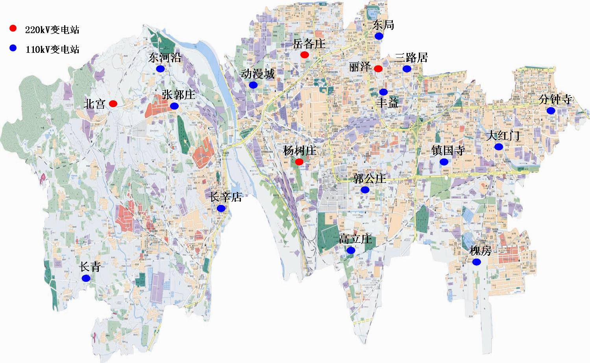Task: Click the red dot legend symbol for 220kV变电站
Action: click(13, 28)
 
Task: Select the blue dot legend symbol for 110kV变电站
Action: click(13, 48)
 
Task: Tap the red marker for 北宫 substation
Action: click(113, 104)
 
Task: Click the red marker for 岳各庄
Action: click(305, 55)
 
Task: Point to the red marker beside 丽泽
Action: click(378, 69)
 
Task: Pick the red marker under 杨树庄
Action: click(299, 162)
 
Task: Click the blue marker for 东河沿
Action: click(160, 69)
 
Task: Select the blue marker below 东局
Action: click(379, 36)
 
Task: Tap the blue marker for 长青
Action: click(86, 278)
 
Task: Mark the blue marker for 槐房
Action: click(476, 262)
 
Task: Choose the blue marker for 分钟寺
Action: click(551, 111)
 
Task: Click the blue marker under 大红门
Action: click(499, 147)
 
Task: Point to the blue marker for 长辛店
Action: click(221, 208)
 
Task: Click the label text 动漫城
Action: click(257, 74)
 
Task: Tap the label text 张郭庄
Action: click(178, 95)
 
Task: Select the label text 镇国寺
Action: click(448, 150)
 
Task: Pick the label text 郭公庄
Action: click(369, 179)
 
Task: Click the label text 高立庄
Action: click(355, 239)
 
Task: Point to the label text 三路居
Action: click(411, 58)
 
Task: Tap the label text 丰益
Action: click(387, 103)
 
